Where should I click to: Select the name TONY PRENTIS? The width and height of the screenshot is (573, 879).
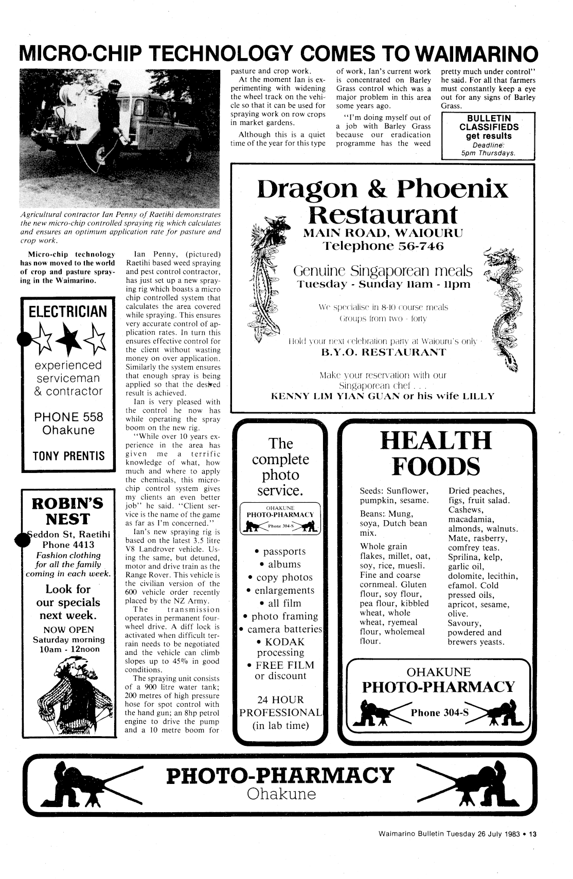[x=68, y=456]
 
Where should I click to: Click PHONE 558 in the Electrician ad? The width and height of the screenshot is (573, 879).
[x=68, y=417]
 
